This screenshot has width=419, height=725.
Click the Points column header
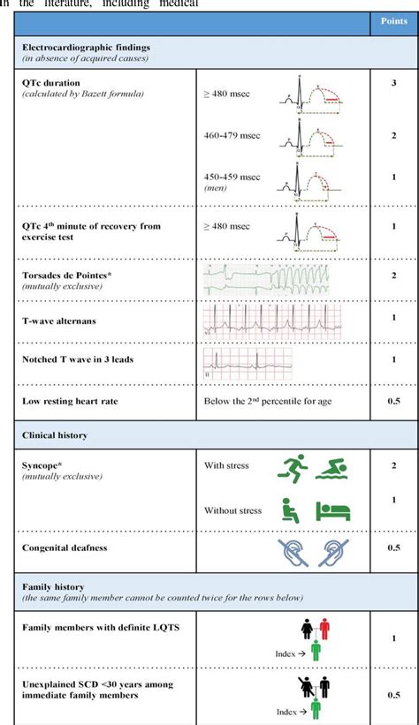(x=393, y=21)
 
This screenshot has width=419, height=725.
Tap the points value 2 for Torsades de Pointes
(x=393, y=276)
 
